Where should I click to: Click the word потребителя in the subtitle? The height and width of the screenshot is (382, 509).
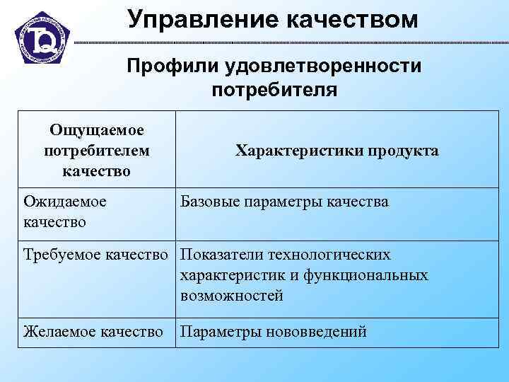274,90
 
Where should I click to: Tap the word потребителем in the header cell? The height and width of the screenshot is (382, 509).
97,151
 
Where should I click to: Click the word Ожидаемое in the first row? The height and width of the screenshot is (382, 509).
65,202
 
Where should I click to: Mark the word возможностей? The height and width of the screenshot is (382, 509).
232,296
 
